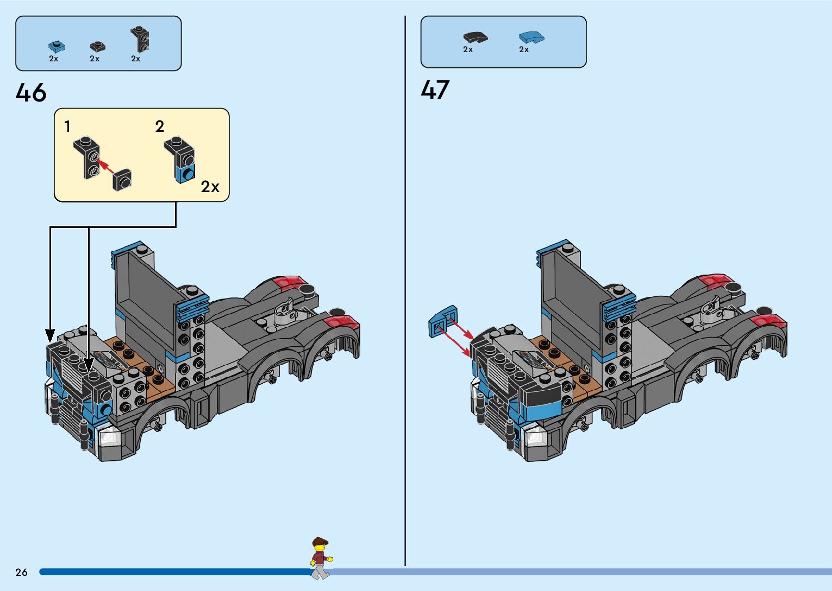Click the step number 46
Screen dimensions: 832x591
pyautogui.click(x=31, y=93)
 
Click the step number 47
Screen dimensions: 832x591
pyautogui.click(x=435, y=90)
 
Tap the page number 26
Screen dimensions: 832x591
pyautogui.click(x=21, y=572)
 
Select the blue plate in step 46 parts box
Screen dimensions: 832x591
pyautogui.click(x=56, y=46)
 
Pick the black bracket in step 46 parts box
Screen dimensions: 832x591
pyautogui.click(x=140, y=39)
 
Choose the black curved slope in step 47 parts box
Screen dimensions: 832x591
pyautogui.click(x=475, y=37)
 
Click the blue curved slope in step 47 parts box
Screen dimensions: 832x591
pyautogui.click(x=531, y=37)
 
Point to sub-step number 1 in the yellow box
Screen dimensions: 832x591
pyautogui.click(x=67, y=127)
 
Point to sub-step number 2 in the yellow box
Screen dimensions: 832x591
pyautogui.click(x=159, y=127)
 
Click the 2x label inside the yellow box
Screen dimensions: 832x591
pyautogui.click(x=210, y=187)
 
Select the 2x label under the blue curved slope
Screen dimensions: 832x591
pyautogui.click(x=524, y=50)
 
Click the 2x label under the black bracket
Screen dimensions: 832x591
pyautogui.click(x=136, y=59)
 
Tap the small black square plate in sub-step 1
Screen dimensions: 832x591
pyautogui.click(x=122, y=180)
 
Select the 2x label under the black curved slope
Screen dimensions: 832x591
pyautogui.click(x=468, y=50)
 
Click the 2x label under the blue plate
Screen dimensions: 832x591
pyautogui.click(x=53, y=59)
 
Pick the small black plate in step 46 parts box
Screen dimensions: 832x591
pyautogui.click(x=98, y=46)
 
